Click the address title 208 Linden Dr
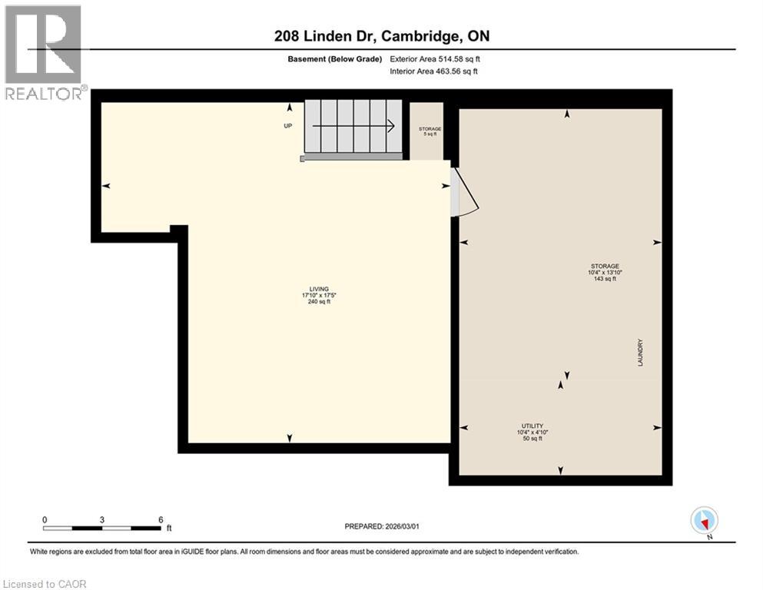point(381,36)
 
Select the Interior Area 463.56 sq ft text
point(434,71)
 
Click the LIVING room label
point(311,289)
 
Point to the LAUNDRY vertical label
point(639,353)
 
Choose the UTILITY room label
point(532,426)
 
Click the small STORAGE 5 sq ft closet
point(429,131)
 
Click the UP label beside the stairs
point(288,127)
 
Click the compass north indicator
point(705,521)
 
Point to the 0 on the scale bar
point(45,519)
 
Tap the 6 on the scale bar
point(161,519)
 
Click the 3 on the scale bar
point(102,519)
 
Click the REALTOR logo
point(45,52)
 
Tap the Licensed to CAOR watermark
point(45,584)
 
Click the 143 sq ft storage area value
point(605,279)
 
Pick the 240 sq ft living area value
point(311,302)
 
